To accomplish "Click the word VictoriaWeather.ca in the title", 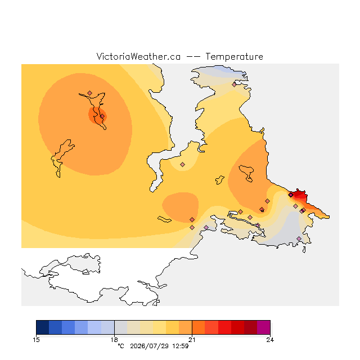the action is [x=138, y=56].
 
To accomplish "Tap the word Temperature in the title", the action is [x=234, y=56].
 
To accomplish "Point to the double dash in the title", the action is [x=193, y=57].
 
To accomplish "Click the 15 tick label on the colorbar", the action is [x=36, y=340].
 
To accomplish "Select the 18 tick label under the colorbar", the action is [x=114, y=340].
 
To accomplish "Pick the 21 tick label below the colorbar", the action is [x=192, y=340].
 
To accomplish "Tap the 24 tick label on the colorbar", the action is [x=270, y=340].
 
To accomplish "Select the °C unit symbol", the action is [x=121, y=346].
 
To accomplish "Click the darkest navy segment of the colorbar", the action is [x=43, y=327].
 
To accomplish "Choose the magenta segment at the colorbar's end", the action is [x=264, y=327].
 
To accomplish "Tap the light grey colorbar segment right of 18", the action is [x=121, y=327].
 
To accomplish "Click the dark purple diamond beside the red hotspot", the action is [x=291, y=195].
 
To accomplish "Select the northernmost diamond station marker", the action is [x=234, y=85].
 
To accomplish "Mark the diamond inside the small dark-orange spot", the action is [x=102, y=116].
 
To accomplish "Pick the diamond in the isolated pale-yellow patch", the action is [x=182, y=164].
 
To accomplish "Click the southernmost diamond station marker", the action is [x=299, y=238].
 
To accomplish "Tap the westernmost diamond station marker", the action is [x=90, y=93].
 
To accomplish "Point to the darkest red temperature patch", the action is [x=299, y=194].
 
